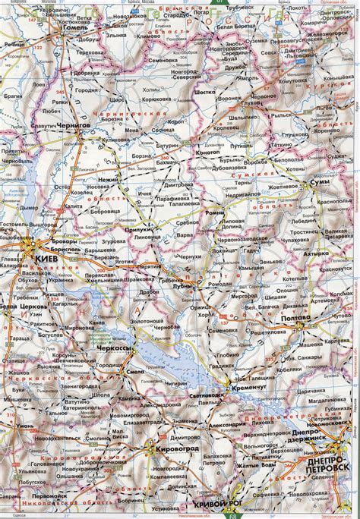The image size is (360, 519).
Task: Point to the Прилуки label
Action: pos(135,228)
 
